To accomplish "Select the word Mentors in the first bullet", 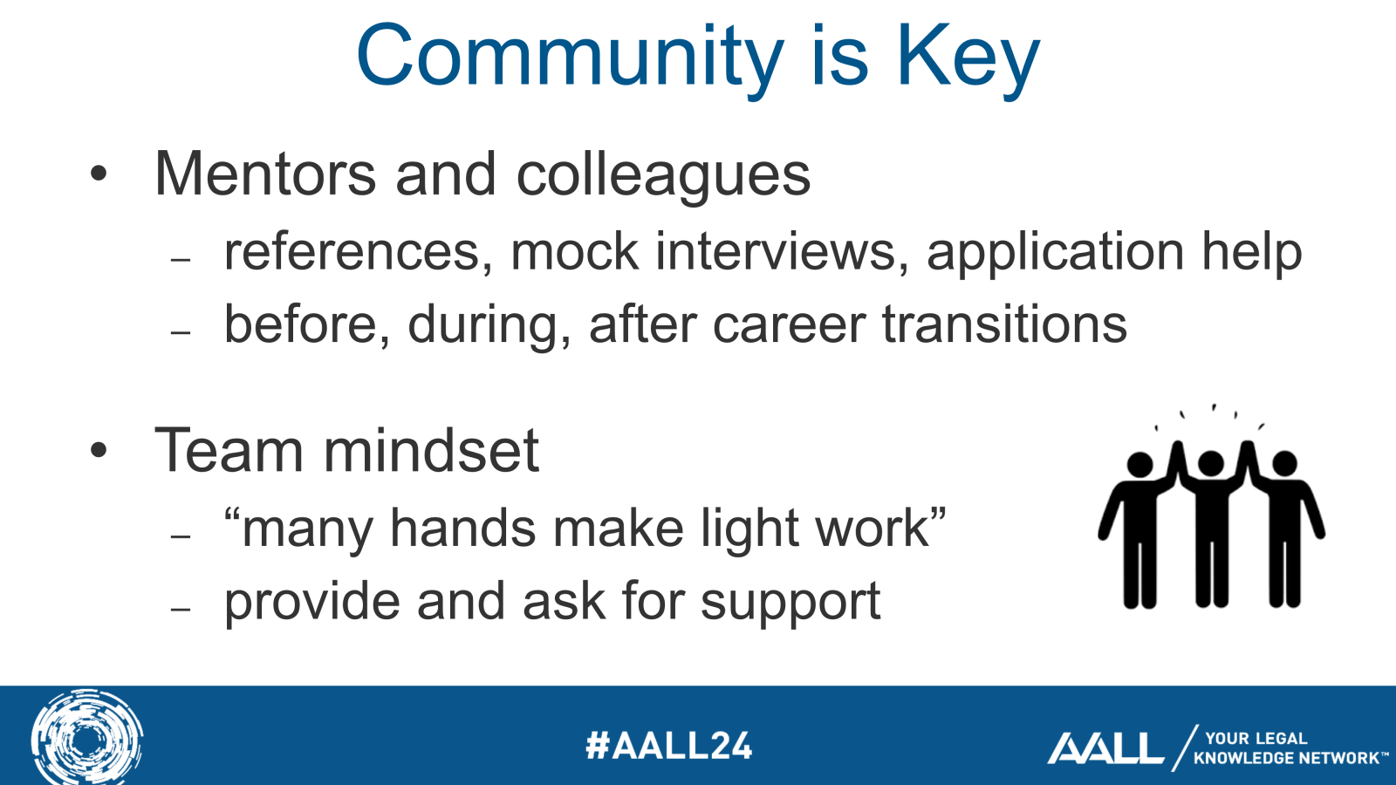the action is point(265,174).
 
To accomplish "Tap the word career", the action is point(789,326).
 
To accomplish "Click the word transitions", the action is point(1004,324).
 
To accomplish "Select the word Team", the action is point(228,450).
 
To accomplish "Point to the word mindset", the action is point(431,450).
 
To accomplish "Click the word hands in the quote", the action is point(462,528).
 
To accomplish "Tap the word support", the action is point(790,603).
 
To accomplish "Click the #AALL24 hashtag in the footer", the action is point(668,745).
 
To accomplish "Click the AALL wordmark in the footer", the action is point(1105,747).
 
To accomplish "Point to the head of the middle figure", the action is point(1211,463).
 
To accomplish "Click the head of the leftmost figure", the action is point(1140,465).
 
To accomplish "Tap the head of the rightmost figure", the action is point(1284,463).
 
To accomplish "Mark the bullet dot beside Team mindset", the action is point(99,449).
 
